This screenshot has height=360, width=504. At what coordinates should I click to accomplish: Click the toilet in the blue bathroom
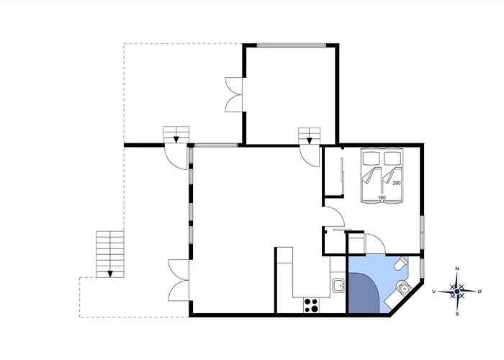coord(400,264)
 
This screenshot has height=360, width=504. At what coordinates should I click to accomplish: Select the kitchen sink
coord(338,285)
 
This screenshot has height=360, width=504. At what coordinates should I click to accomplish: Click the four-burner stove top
coord(311,305)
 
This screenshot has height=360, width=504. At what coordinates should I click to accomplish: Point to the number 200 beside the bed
coord(397,183)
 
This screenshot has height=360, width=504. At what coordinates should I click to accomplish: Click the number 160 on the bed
coord(382,197)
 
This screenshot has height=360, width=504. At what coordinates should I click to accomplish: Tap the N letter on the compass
coord(456,269)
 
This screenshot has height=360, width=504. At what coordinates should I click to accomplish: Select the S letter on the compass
coord(456,314)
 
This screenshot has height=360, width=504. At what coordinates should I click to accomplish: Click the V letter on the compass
coord(434,292)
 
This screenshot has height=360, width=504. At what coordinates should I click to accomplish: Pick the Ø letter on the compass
coord(480,292)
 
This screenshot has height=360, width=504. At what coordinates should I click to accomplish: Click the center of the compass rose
coord(456,292)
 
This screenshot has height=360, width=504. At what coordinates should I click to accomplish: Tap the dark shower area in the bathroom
coord(364,293)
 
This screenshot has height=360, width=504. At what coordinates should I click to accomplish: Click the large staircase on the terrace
coord(110,254)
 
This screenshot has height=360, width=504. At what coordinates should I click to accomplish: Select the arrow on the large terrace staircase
coord(110,274)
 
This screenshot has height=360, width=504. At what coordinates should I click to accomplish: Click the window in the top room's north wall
coord(292,45)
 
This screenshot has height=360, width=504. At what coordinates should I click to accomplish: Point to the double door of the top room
coord(233,94)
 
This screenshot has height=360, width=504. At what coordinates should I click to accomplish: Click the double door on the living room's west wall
coord(179,280)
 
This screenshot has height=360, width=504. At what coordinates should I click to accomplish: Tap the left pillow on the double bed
coord(372,158)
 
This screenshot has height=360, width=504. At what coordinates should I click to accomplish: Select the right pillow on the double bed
coord(392,158)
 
